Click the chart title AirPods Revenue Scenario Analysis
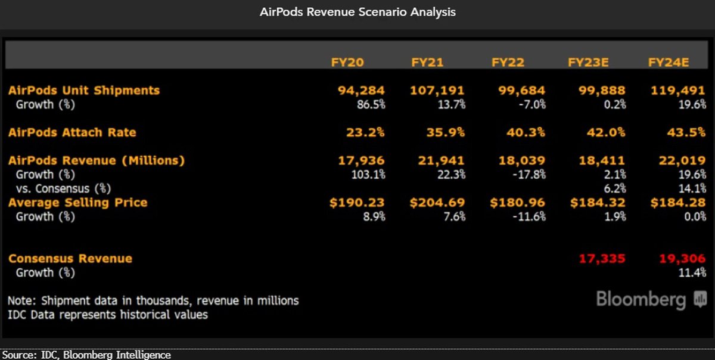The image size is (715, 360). [x=357, y=12]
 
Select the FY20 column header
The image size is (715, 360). [x=347, y=62]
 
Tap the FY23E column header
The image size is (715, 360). [x=588, y=62]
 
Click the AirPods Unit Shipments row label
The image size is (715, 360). [x=84, y=91]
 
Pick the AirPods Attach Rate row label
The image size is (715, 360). [x=72, y=132]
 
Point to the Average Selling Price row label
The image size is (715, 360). [x=77, y=203]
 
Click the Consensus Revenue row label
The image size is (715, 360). [x=70, y=259]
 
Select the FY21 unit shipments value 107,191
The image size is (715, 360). [x=437, y=91]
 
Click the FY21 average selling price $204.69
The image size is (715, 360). [x=437, y=203]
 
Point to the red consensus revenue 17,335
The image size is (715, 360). [x=602, y=259]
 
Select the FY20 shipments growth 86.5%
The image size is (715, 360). [x=371, y=105]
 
